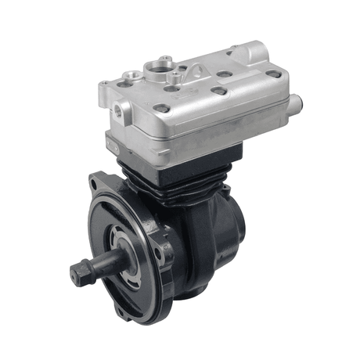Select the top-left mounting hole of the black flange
click(x=95, y=185)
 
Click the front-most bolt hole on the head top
click(x=162, y=108)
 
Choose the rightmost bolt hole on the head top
click(x=273, y=74)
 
